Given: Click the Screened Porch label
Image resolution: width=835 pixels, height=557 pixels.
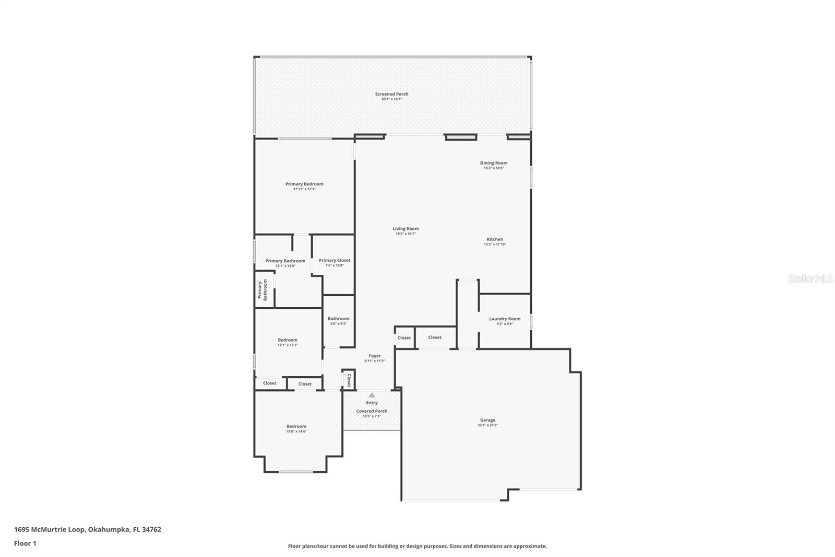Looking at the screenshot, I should (391, 94).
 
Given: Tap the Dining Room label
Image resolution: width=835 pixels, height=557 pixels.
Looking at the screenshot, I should (494, 163).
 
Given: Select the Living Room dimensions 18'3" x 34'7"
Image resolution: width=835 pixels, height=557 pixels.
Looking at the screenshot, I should (405, 234).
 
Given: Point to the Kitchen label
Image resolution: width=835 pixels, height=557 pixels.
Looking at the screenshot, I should (495, 239).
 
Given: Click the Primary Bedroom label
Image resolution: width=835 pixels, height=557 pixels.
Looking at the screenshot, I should (304, 184).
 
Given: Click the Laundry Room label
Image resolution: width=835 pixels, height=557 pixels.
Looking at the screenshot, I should (505, 319).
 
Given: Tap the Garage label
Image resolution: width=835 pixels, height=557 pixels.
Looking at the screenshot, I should (487, 420).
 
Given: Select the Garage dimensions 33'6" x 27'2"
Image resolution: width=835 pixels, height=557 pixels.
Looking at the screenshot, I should (487, 425).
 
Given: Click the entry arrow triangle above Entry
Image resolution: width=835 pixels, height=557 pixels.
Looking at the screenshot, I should (372, 395).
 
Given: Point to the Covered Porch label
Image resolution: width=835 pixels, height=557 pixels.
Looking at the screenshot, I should (372, 411).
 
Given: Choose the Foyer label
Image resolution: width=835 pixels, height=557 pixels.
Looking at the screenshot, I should (375, 356).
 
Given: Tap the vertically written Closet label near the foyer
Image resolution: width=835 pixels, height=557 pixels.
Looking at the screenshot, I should (349, 379).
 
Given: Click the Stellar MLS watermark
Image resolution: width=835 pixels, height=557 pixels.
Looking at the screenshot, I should (810, 279).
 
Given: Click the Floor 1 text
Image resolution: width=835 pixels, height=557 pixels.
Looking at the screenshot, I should (25, 543).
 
